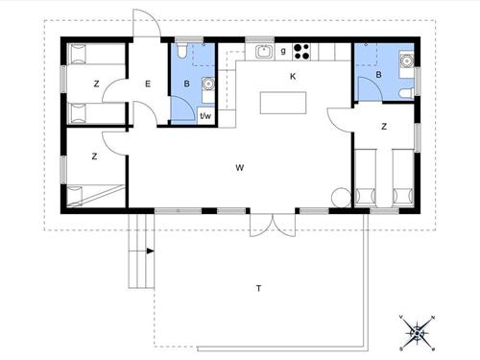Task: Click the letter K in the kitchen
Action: [x=293, y=76]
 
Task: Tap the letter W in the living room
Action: [x=239, y=167]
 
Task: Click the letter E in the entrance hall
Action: [x=148, y=84]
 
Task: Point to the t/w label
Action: [x=204, y=115]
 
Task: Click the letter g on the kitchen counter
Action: [x=283, y=51]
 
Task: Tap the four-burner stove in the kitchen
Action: [x=303, y=51]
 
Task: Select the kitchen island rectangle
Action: [x=284, y=101]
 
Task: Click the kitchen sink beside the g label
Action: [x=262, y=51]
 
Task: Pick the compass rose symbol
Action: [x=418, y=332]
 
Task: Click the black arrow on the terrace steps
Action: [x=150, y=252]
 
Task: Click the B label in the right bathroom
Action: [x=379, y=74]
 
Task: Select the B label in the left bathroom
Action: [x=187, y=84]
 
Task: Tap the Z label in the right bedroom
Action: [x=383, y=126]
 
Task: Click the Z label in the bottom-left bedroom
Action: [x=95, y=156]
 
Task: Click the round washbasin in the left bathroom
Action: [x=205, y=83]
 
